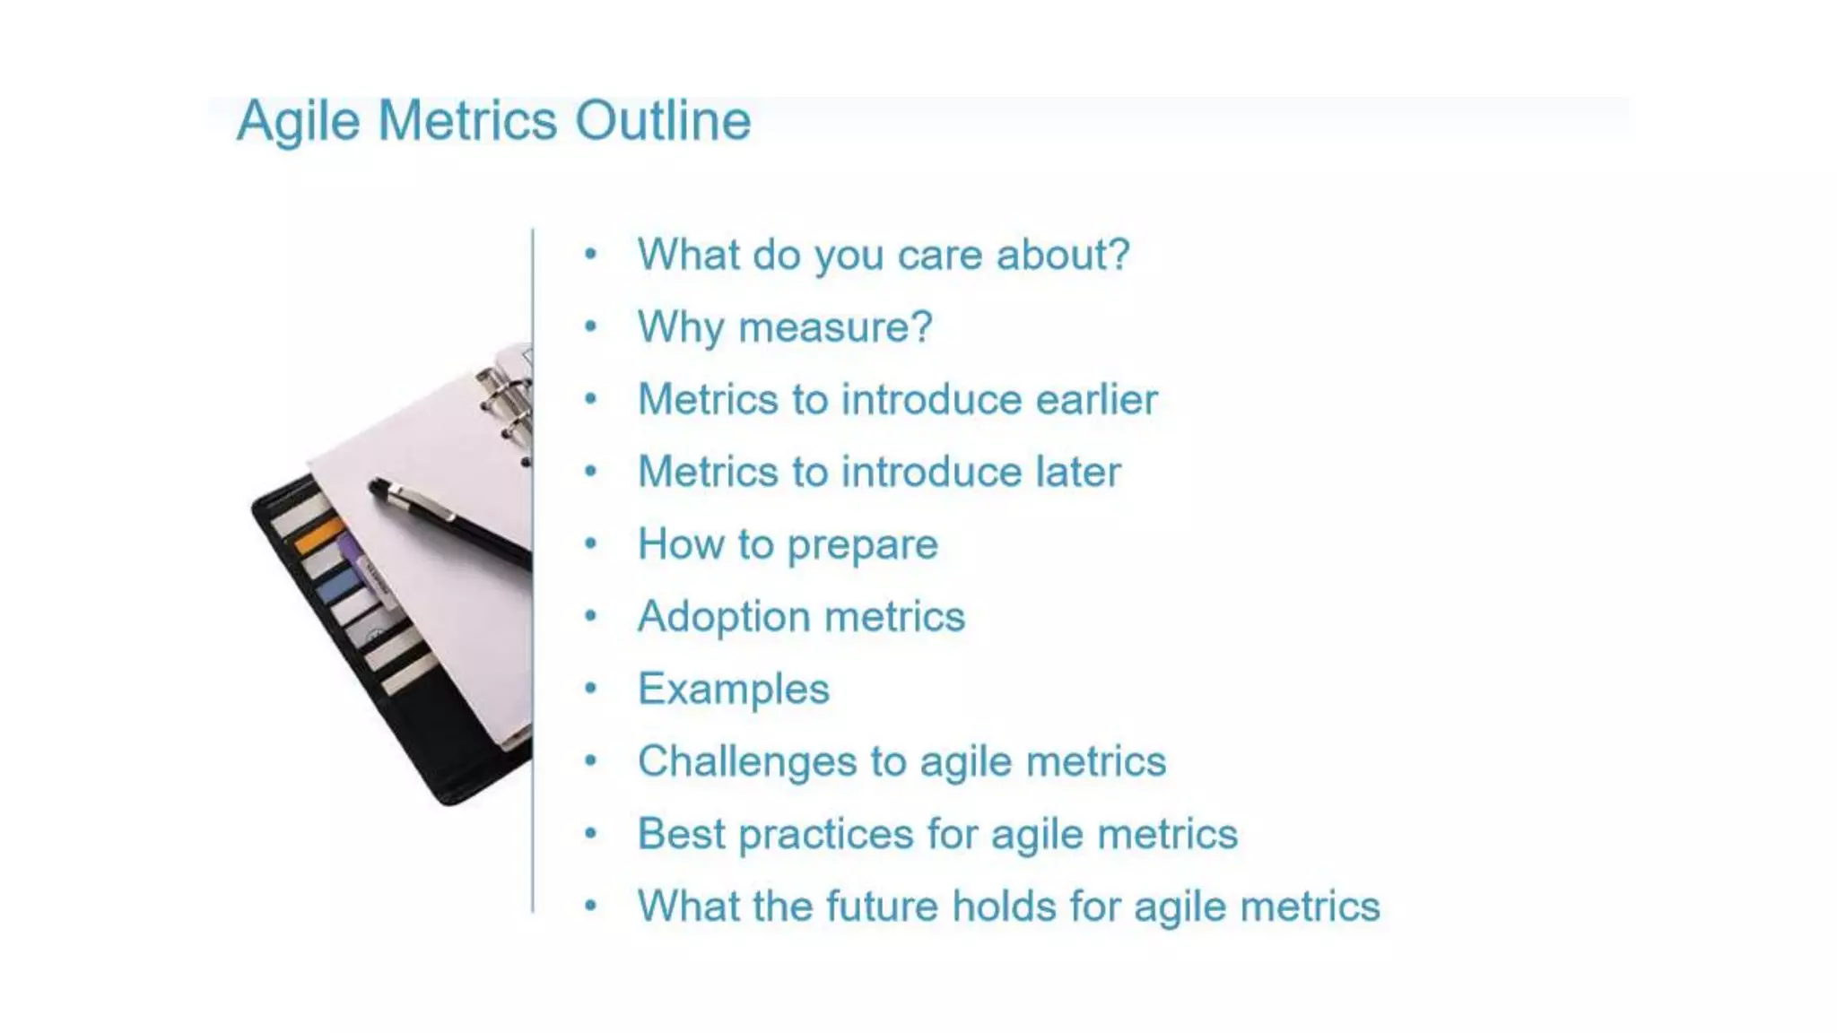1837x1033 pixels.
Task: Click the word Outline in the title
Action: (x=662, y=120)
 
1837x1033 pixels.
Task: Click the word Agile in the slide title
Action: (x=298, y=122)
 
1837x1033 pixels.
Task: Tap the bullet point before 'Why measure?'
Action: (x=590, y=326)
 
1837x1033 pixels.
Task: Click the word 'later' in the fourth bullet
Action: (x=1077, y=473)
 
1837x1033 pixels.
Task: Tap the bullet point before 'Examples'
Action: (x=590, y=689)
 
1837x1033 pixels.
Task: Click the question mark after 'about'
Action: (x=1119, y=255)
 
